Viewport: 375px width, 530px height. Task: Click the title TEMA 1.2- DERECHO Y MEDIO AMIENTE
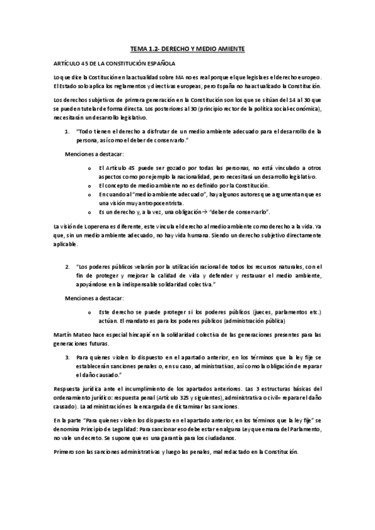point(187,48)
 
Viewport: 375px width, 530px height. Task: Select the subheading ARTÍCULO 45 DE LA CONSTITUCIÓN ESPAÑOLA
point(115,64)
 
